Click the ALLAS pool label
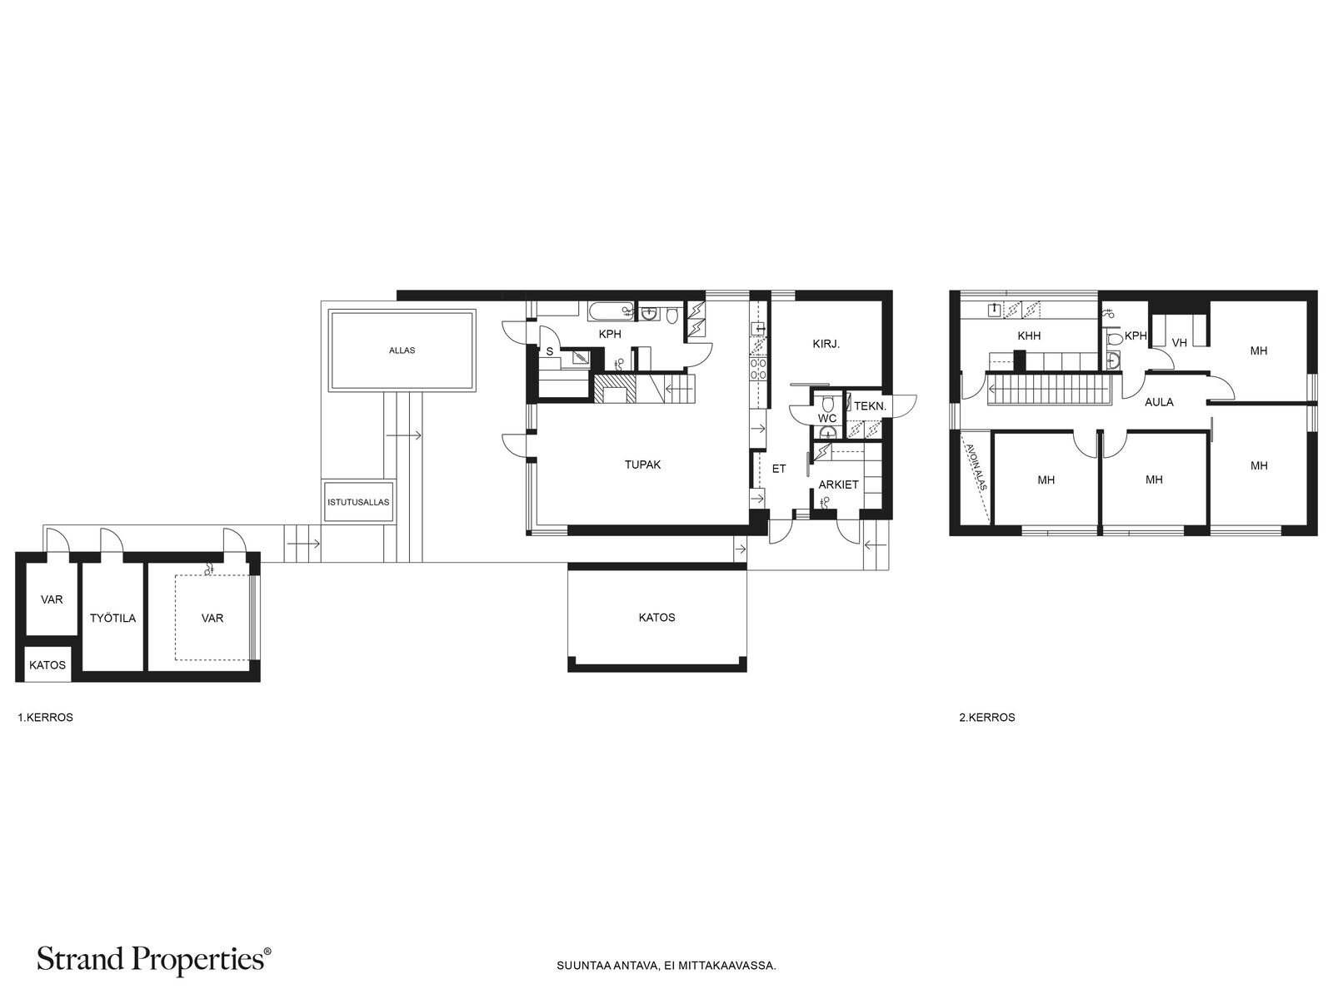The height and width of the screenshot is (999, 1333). tap(402, 350)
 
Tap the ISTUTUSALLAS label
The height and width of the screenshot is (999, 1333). tap(358, 502)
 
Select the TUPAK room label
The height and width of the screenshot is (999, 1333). tap(642, 465)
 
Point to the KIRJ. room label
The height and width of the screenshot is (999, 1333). tap(826, 344)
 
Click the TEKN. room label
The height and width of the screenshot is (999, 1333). tap(871, 406)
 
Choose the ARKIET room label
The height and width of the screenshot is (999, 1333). tap(838, 485)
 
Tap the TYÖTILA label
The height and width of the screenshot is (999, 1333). tap(113, 618)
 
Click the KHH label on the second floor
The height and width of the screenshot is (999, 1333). tap(1029, 335)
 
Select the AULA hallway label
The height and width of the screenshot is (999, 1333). tap(1159, 401)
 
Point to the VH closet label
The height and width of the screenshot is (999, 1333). tap(1180, 343)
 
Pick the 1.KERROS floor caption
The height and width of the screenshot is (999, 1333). tap(46, 717)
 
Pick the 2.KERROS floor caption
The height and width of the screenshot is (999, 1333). tap(987, 717)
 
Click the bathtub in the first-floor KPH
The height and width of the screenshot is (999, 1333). tap(612, 311)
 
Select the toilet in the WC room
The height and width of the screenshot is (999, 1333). tap(826, 403)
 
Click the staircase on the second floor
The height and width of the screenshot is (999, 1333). tap(1048, 390)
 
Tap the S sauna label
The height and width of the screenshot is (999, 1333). tap(550, 351)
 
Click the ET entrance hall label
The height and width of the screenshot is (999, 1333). tap(778, 468)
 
